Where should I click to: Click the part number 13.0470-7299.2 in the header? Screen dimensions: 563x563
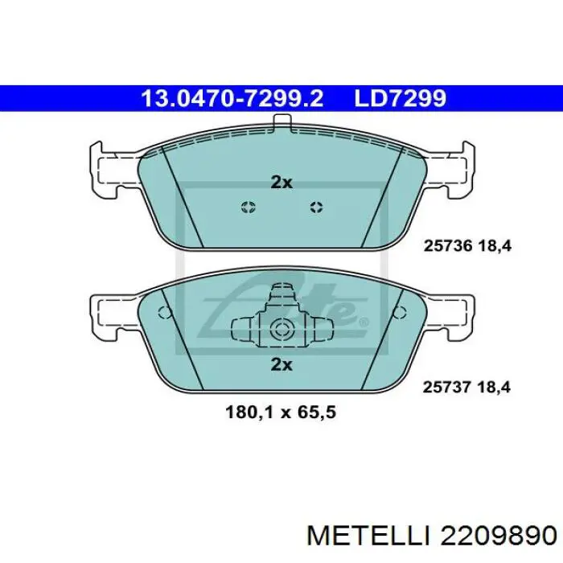(x=232, y=98)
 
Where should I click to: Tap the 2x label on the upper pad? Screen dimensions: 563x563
(x=281, y=183)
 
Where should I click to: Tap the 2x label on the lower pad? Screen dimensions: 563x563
(x=281, y=364)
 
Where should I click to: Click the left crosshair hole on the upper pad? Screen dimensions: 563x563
(x=248, y=208)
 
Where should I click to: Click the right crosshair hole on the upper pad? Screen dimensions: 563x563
(x=316, y=208)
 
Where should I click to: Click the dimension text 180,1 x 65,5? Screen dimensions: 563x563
(x=281, y=413)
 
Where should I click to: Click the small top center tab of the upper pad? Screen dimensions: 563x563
(x=281, y=123)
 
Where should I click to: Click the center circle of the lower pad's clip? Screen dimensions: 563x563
(x=281, y=328)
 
